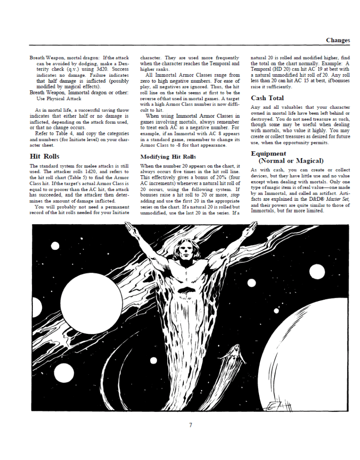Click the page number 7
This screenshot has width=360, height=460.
coord(191,425)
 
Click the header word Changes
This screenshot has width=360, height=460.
coord(338,40)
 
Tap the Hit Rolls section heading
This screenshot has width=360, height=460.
coord(44,156)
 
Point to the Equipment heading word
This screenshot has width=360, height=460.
coord(268,154)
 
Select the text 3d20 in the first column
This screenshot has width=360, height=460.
coord(96,70)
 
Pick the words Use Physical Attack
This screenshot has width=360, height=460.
coord(56,98)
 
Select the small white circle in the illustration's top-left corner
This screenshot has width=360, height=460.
coord(55,246)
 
